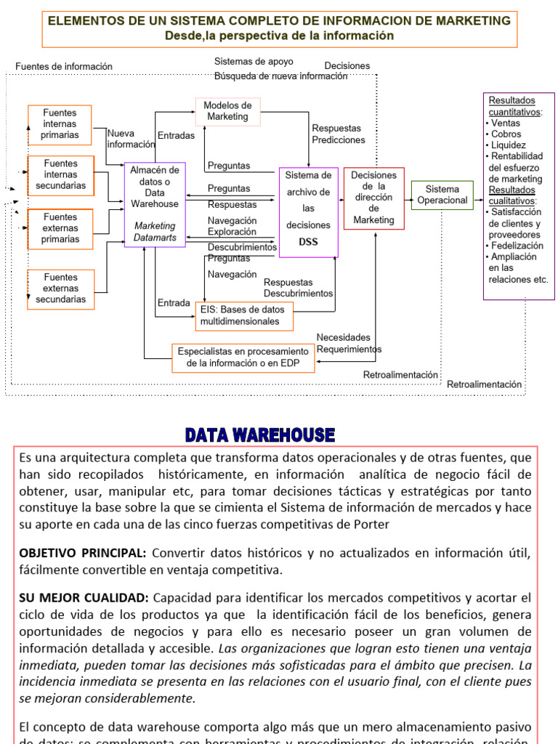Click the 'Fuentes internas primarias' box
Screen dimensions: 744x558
pos(60,124)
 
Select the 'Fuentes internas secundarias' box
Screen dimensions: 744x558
pos(60,175)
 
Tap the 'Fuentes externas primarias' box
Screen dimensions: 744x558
pos(60,228)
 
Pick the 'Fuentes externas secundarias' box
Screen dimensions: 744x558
pos(60,288)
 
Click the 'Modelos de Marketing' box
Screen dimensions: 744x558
pos(227,111)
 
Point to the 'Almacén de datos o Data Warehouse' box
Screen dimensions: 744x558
pos(155,204)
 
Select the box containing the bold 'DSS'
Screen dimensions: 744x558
pos(308,212)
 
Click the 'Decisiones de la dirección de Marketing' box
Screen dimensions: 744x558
pos(373,198)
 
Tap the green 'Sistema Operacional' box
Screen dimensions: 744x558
pos(442,195)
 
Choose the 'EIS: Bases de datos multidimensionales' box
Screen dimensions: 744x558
pos(244,316)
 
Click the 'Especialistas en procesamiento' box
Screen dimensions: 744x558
pos(243,357)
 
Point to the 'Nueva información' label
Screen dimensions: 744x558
pos(131,139)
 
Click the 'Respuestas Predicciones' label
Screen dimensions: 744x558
pos(338,134)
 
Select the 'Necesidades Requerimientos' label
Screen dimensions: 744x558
pos(348,344)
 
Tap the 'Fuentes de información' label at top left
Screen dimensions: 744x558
pos(64,67)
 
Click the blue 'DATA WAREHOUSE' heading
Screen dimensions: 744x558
pos(259,435)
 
